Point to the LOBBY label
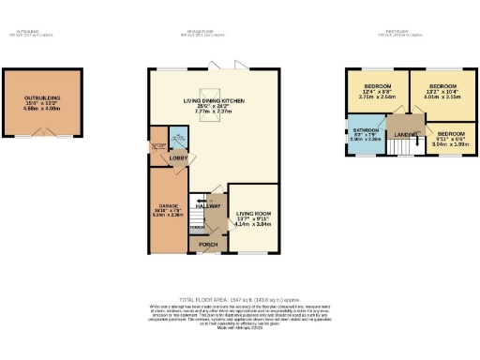point(178,158)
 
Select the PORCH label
point(207,247)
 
